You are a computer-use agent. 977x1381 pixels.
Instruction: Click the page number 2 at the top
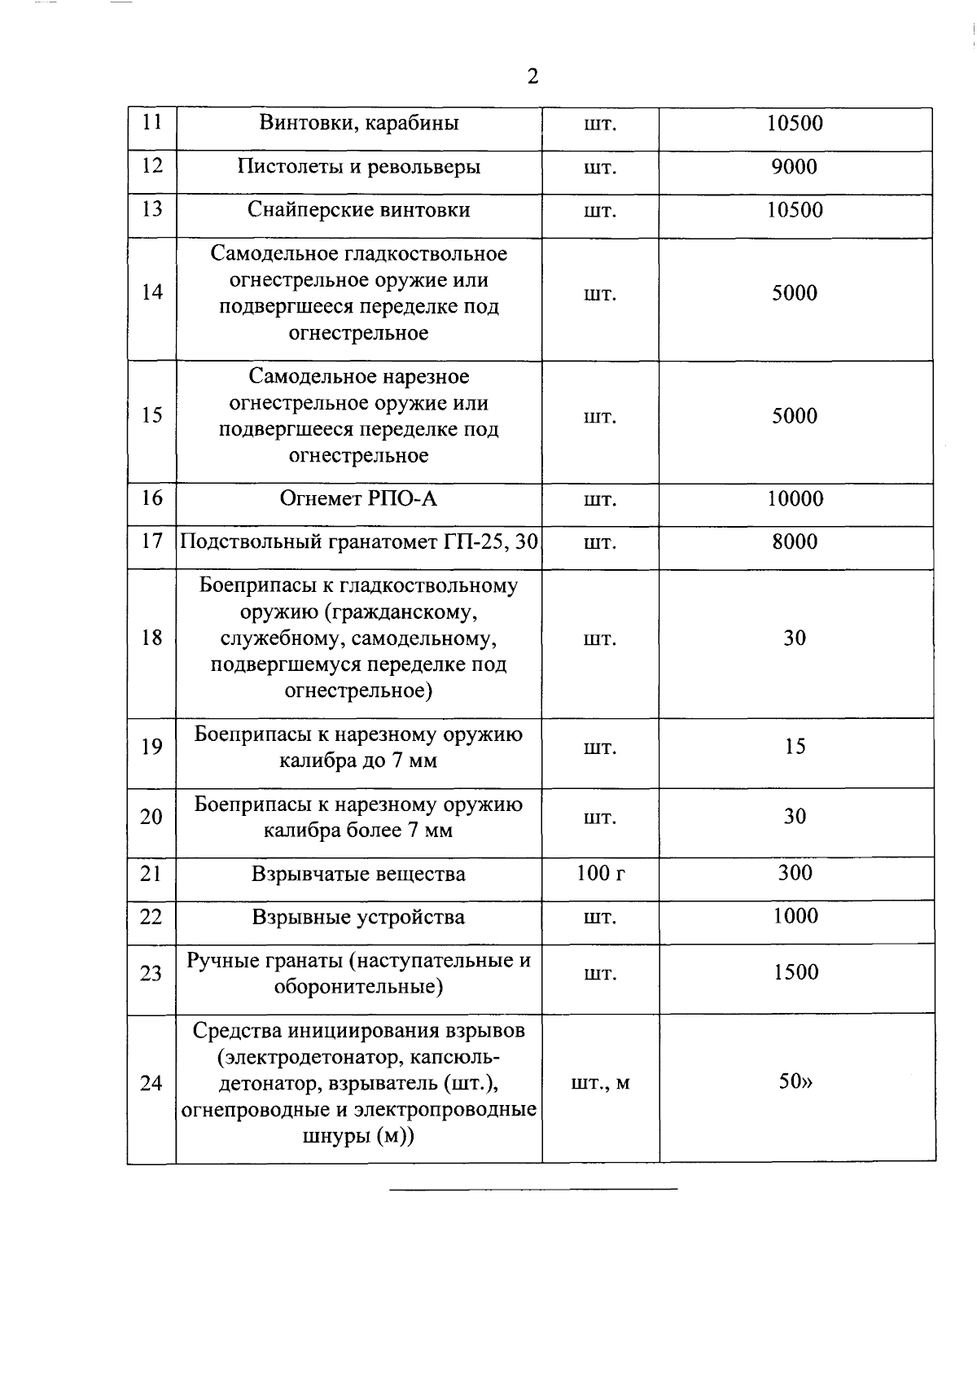[x=532, y=77]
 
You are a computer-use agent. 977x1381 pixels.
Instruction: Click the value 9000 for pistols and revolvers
[x=794, y=167]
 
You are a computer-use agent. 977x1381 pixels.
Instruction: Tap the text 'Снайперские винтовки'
[x=359, y=210]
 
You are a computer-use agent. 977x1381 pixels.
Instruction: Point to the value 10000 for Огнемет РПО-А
[x=795, y=498]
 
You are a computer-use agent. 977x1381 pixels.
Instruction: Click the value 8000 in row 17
[x=794, y=542]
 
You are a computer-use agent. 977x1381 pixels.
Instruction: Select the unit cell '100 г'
[x=601, y=874]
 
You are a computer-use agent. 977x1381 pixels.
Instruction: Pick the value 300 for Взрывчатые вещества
[x=795, y=873]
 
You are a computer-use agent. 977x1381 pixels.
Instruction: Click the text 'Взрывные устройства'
[x=358, y=918]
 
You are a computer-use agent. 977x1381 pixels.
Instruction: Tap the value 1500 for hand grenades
[x=795, y=972]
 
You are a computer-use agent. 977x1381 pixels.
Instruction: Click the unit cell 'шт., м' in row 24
[x=600, y=1083]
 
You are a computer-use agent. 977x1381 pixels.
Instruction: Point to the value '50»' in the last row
[x=795, y=1082]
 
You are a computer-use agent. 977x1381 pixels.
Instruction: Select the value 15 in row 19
[x=795, y=747]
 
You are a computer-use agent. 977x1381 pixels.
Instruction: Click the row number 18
[x=152, y=638]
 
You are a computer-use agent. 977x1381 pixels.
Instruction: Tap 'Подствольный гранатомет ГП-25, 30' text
[x=359, y=541]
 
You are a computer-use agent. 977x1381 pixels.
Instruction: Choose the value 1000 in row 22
[x=795, y=916]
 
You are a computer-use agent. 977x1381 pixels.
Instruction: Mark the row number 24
[x=151, y=1083]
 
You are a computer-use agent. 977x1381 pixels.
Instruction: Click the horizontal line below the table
[x=533, y=1190]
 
